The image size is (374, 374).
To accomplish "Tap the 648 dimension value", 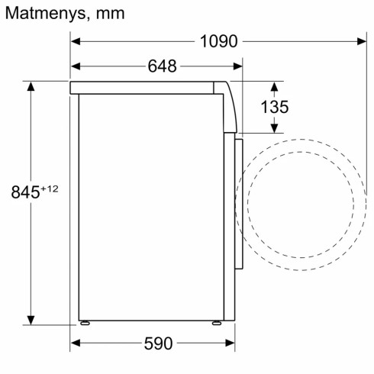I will (x=162, y=66).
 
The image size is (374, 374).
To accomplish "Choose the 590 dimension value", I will (x=158, y=343).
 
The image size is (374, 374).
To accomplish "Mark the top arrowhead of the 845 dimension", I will (x=31, y=85).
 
